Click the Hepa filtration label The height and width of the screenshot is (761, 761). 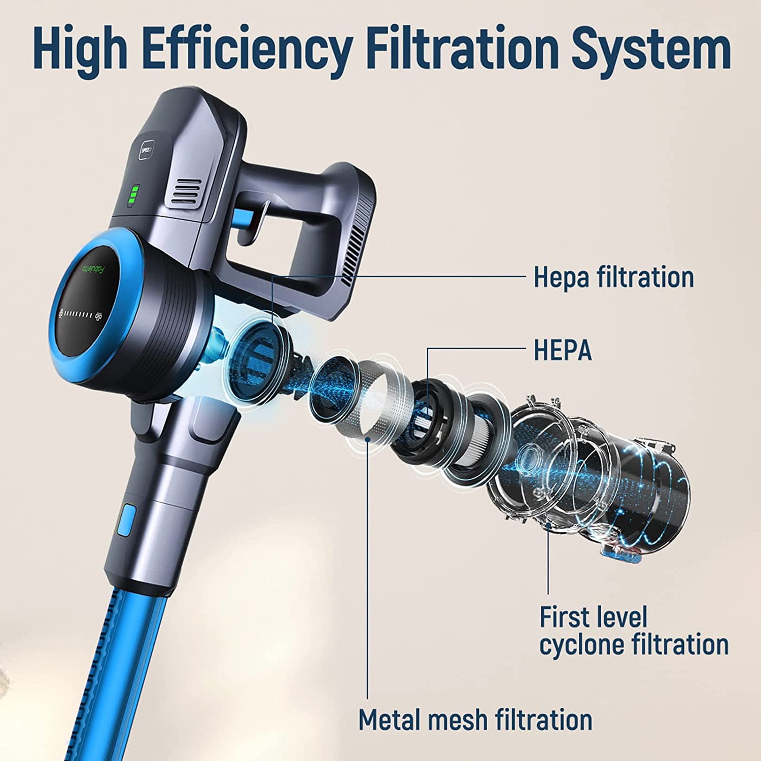(613, 277)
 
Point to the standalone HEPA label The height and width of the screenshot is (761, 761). (563, 350)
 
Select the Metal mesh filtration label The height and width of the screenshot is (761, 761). (475, 719)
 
